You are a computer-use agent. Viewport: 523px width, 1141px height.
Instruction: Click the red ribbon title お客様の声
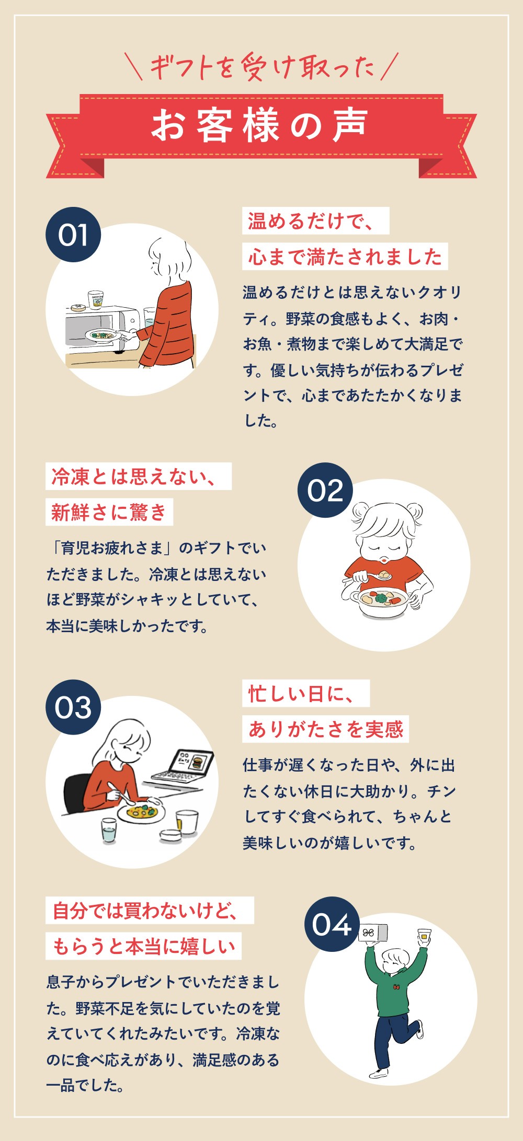pyautogui.click(x=260, y=126)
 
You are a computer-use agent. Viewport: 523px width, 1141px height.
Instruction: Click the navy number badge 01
pyautogui.click(x=73, y=235)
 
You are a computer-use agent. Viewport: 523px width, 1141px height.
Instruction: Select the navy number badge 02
pyautogui.click(x=325, y=490)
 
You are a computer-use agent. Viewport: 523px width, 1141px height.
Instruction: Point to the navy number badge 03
pyautogui.click(x=73, y=707)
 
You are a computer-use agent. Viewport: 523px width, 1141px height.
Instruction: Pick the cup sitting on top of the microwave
pyautogui.click(x=95, y=300)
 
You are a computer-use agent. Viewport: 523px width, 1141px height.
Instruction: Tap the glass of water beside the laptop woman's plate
pyautogui.click(x=109, y=830)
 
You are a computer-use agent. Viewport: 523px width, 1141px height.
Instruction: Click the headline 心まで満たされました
pyautogui.click(x=345, y=257)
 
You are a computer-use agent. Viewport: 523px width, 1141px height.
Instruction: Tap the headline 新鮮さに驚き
pyautogui.click(x=109, y=512)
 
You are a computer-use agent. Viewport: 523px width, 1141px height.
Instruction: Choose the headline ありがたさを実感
pyautogui.click(x=325, y=729)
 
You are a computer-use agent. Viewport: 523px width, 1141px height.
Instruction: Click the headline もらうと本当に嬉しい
pyautogui.click(x=144, y=946)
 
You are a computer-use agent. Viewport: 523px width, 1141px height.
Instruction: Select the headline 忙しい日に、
pyautogui.click(x=306, y=693)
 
